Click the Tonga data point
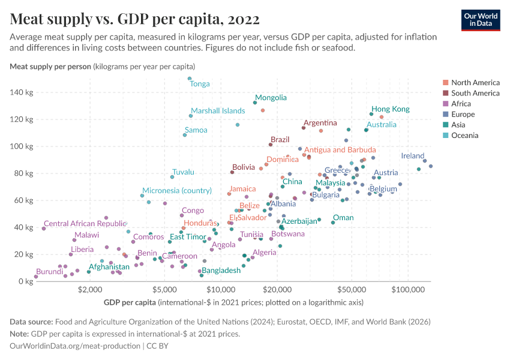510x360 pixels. pyautogui.click(x=190, y=79)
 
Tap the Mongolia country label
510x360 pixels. pyautogui.click(x=271, y=97)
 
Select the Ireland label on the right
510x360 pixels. pyautogui.click(x=413, y=156)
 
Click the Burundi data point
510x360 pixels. pyautogui.click(x=36, y=277)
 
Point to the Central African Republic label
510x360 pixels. pyautogui.click(x=85, y=223)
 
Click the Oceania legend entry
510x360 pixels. pyautogui.click(x=464, y=136)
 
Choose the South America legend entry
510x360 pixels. pyautogui.click(x=475, y=93)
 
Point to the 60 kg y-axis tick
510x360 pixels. pyautogui.click(x=22, y=200)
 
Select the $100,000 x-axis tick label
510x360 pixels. pyautogui.click(x=409, y=289)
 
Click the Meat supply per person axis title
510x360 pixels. pyautogui.click(x=51, y=66)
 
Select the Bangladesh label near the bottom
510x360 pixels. pyautogui.click(x=221, y=271)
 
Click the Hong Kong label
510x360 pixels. pyautogui.click(x=391, y=109)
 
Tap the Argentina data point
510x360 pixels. pyautogui.click(x=304, y=128)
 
